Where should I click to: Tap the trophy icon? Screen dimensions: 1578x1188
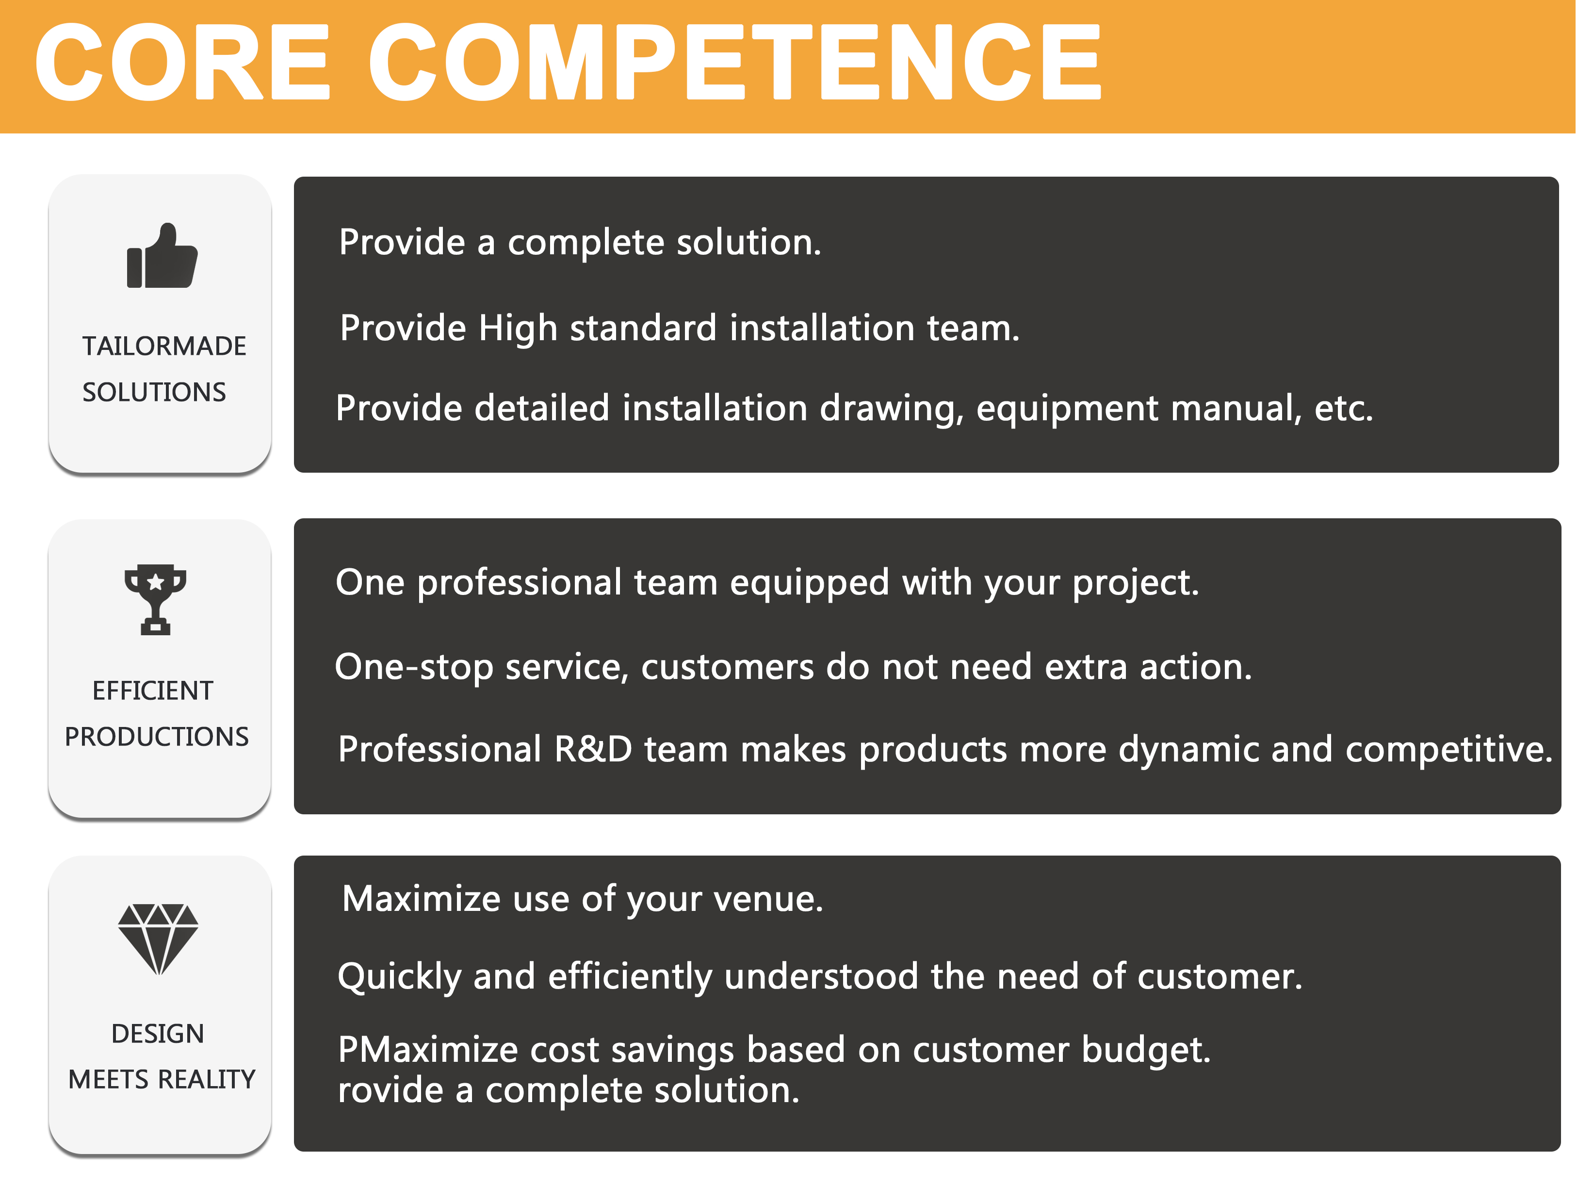point(156,599)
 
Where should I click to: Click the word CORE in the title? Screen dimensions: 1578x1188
point(182,62)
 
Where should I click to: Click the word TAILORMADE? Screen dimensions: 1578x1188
point(164,346)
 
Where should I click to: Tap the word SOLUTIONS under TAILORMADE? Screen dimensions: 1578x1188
point(154,393)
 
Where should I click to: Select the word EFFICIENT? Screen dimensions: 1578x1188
point(153,691)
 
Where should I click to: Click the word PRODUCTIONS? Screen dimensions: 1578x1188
point(157,736)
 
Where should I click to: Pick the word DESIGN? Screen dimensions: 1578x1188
point(158,1033)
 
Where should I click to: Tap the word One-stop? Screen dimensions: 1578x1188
point(414,668)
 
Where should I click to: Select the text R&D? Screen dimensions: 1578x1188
point(594,749)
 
